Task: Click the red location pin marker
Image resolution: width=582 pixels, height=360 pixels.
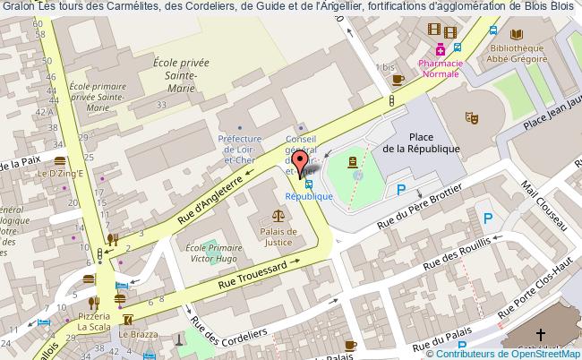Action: [x=301, y=163]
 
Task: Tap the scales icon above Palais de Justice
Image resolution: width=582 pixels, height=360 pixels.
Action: [x=278, y=216]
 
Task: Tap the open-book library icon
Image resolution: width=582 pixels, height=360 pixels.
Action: [x=516, y=34]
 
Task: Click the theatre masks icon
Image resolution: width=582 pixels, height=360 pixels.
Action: [x=471, y=116]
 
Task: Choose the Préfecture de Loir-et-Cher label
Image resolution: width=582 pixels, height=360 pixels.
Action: [x=239, y=146]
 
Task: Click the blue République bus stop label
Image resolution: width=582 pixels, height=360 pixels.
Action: [x=310, y=195]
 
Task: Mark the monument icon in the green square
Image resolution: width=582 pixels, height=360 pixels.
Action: [x=353, y=162]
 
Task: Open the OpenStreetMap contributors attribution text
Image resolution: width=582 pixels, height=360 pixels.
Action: [x=510, y=353]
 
